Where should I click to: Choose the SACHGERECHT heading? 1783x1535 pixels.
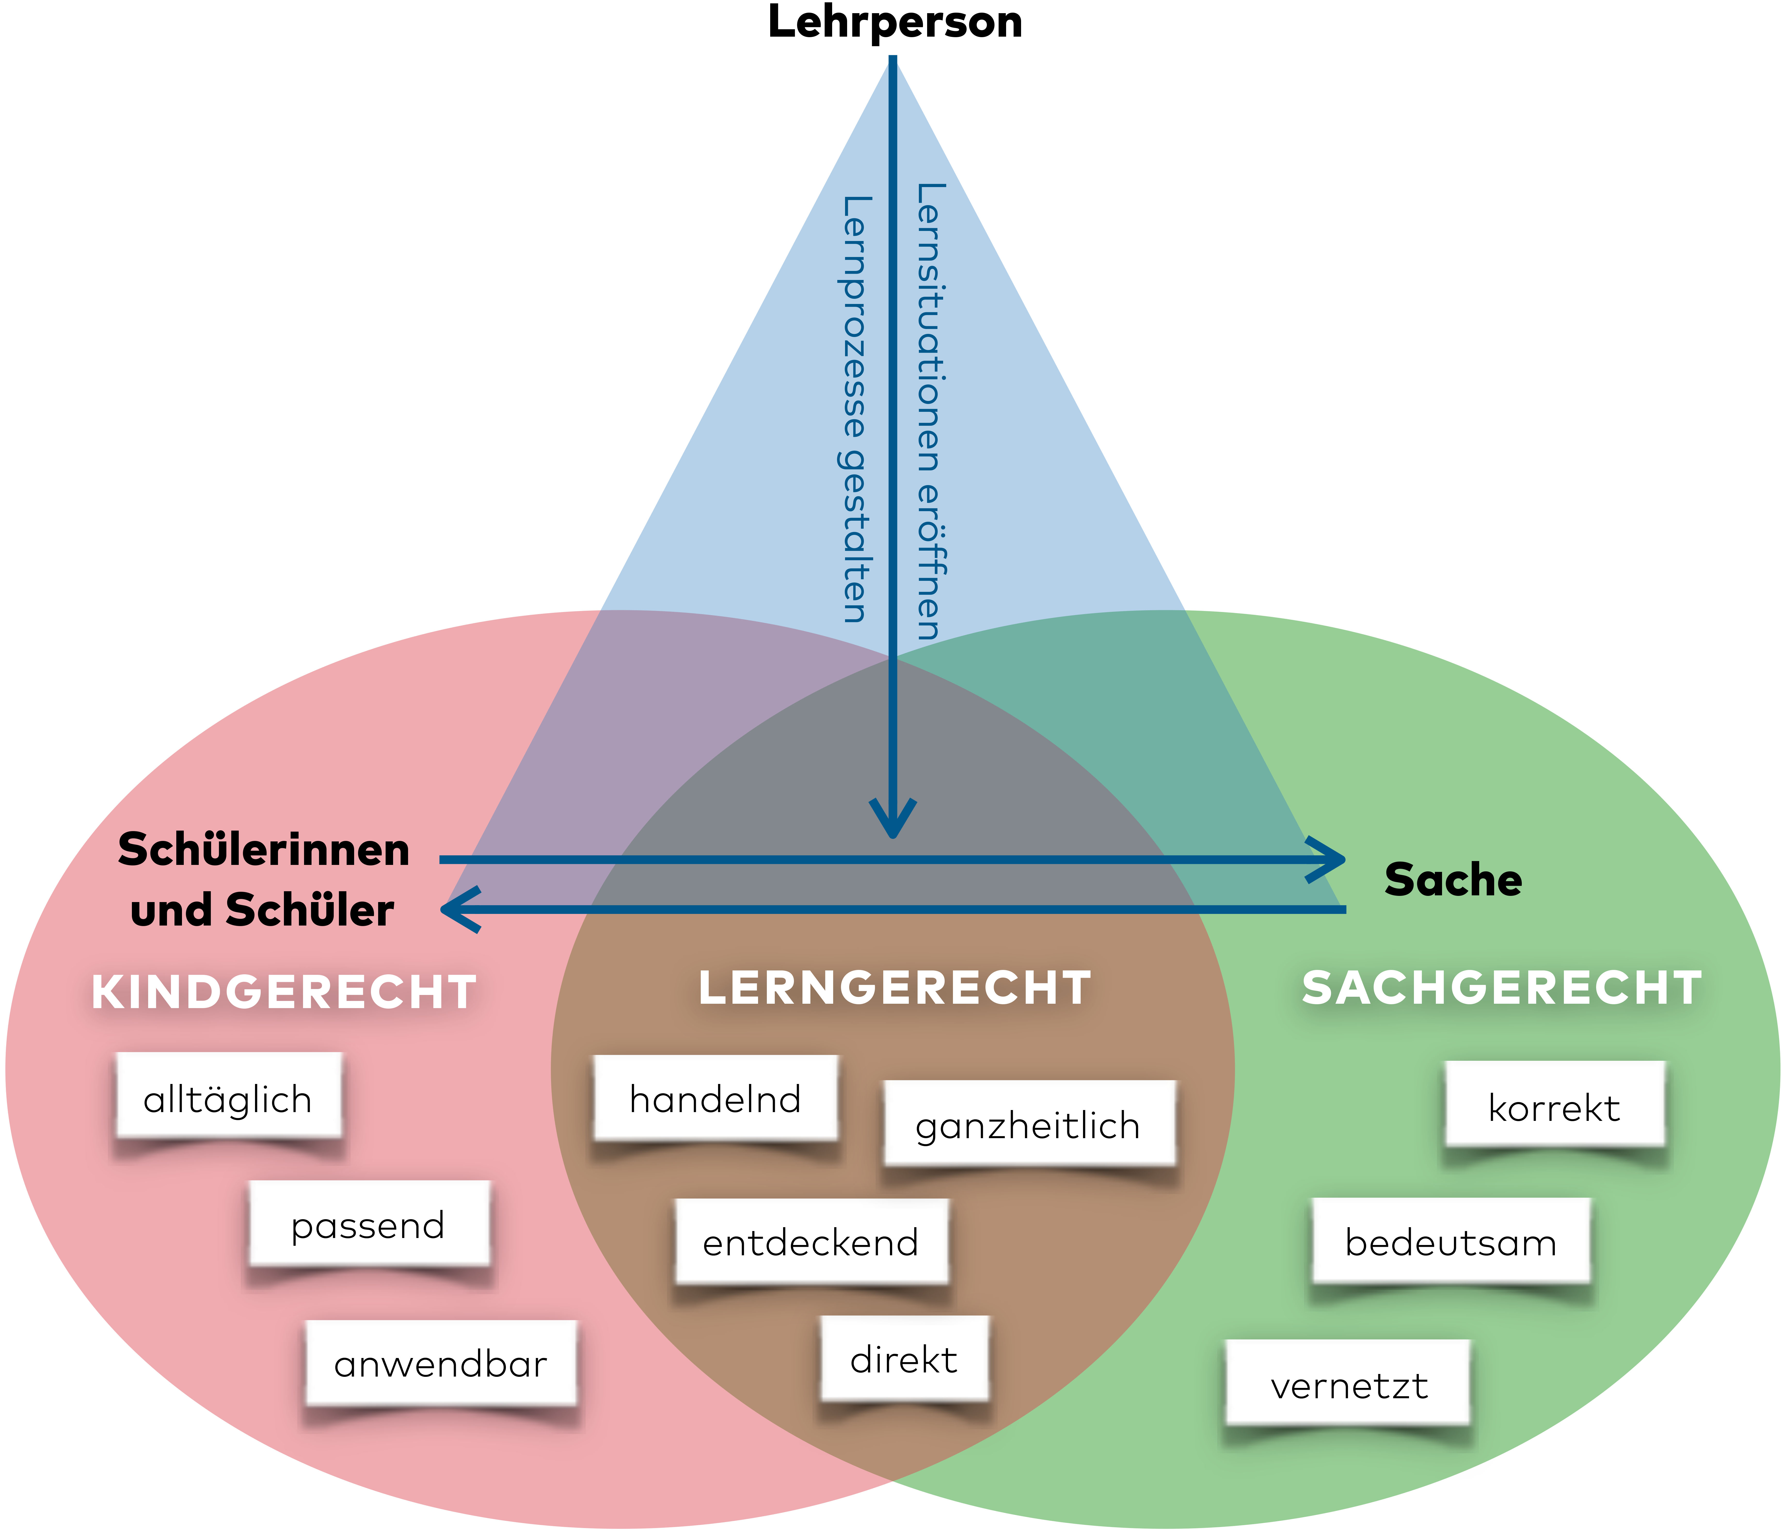pyautogui.click(x=1502, y=988)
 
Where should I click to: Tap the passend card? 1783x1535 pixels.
pyautogui.click(x=368, y=1224)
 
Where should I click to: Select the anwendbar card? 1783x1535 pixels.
pyautogui.click(x=441, y=1364)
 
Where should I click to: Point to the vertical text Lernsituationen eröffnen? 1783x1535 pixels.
pyautogui.click(x=929, y=411)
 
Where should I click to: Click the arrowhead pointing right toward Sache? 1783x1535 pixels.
pyautogui.click(x=1330, y=859)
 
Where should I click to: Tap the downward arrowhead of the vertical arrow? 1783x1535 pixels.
pyautogui.click(x=893, y=822)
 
